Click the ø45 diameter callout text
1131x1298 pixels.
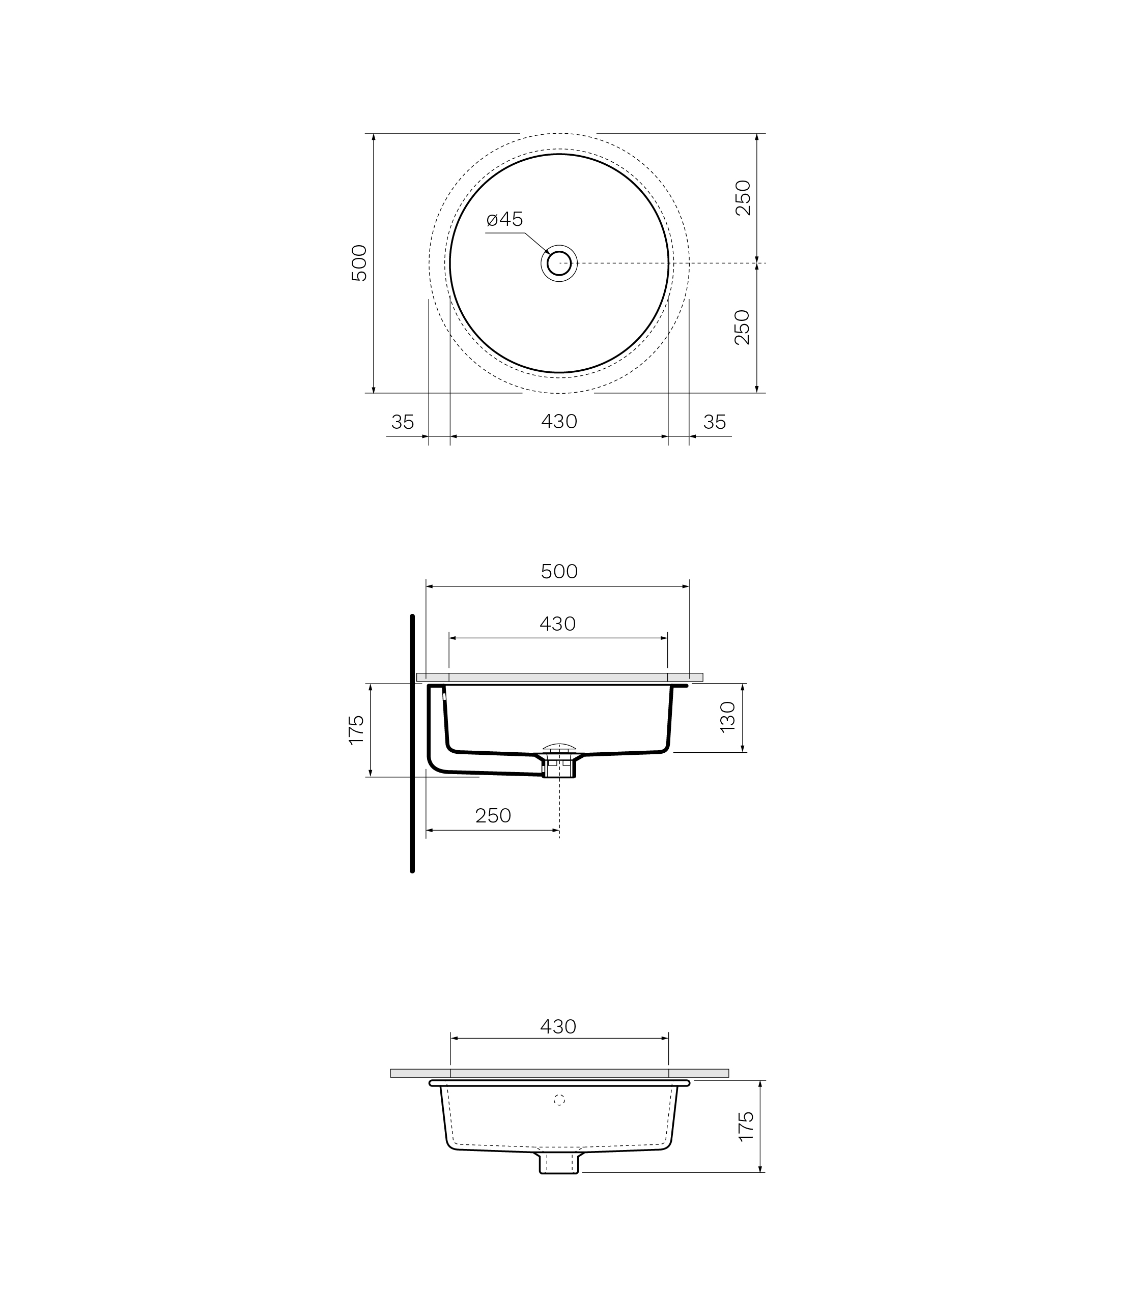pos(505,220)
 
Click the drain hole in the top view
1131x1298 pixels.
pos(559,263)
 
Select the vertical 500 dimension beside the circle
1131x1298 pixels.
pos(358,263)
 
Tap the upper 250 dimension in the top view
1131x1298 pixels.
pos(744,198)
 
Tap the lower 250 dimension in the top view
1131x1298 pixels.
pos(743,328)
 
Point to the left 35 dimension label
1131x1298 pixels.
pos(403,422)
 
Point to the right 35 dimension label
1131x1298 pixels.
pos(715,422)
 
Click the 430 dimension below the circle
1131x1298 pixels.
pos(559,421)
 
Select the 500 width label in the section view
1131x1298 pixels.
pos(559,571)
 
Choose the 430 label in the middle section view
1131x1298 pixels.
pos(558,624)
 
